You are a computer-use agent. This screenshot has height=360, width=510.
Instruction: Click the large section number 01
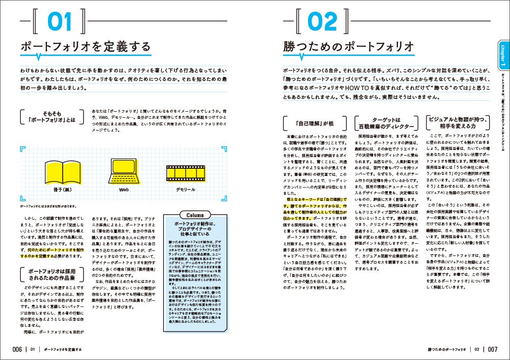click(x=61, y=22)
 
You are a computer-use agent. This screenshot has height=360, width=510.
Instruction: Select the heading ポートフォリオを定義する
click(x=85, y=47)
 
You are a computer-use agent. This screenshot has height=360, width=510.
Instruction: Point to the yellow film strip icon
click(x=186, y=172)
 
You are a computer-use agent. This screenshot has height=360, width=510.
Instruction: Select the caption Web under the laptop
click(x=124, y=189)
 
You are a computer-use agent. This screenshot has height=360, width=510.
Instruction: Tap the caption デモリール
click(x=186, y=189)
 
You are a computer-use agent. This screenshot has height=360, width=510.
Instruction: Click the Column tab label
click(x=195, y=215)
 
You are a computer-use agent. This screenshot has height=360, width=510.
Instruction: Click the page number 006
click(x=13, y=349)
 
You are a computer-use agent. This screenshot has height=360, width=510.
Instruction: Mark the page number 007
click(x=492, y=349)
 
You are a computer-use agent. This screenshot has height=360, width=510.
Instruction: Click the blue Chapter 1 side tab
click(x=503, y=57)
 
